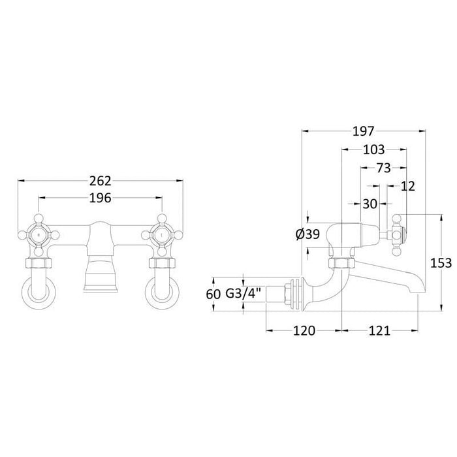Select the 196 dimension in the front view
tap(100, 198)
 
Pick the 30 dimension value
tap(370, 204)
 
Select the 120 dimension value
tap(304, 330)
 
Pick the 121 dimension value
tap(379, 330)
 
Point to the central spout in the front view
tap(100, 261)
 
